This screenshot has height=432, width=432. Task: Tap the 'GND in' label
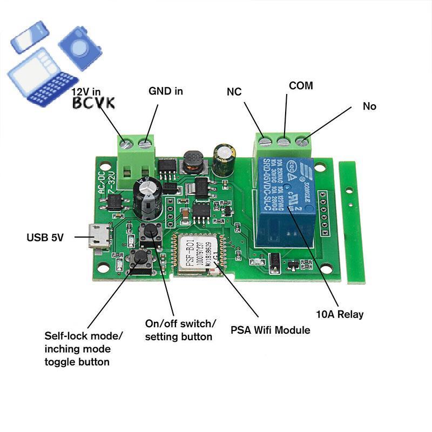[166, 91]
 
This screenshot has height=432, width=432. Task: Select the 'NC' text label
[234, 92]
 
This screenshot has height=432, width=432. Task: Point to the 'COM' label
[301, 86]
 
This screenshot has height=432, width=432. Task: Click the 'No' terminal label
[369, 106]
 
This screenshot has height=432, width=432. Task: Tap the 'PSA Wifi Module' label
[271, 329]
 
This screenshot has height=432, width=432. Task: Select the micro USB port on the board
[99, 238]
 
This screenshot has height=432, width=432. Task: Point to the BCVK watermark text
[93, 103]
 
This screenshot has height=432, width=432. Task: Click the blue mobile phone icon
[30, 36]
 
